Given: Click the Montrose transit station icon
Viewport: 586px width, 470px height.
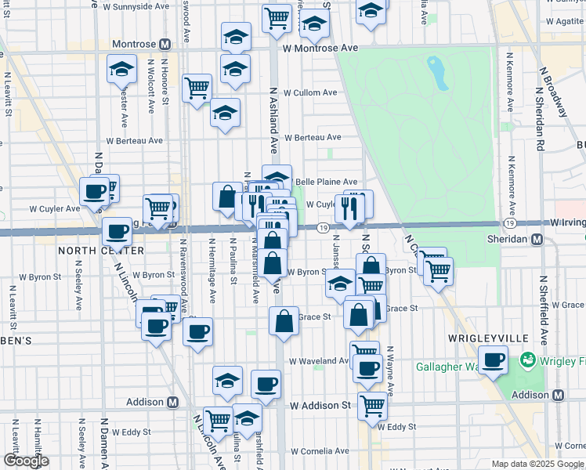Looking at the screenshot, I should click(165, 45).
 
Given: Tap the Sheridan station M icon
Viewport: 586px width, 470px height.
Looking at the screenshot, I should click(537, 240).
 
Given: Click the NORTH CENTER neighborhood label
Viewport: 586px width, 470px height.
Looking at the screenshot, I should click(89, 251).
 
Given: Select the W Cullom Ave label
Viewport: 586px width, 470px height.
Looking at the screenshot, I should click(310, 92).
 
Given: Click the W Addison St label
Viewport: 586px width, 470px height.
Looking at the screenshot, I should click(320, 406).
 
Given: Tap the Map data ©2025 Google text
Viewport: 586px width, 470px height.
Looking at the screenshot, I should click(537, 464).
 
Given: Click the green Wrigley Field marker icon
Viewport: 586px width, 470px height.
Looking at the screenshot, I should click(526, 361).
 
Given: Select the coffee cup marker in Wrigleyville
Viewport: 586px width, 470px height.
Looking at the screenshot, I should click(494, 360).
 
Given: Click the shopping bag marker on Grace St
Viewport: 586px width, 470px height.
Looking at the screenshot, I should click(284, 320).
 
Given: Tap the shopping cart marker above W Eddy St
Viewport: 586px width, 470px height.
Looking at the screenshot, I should click(372, 405).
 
